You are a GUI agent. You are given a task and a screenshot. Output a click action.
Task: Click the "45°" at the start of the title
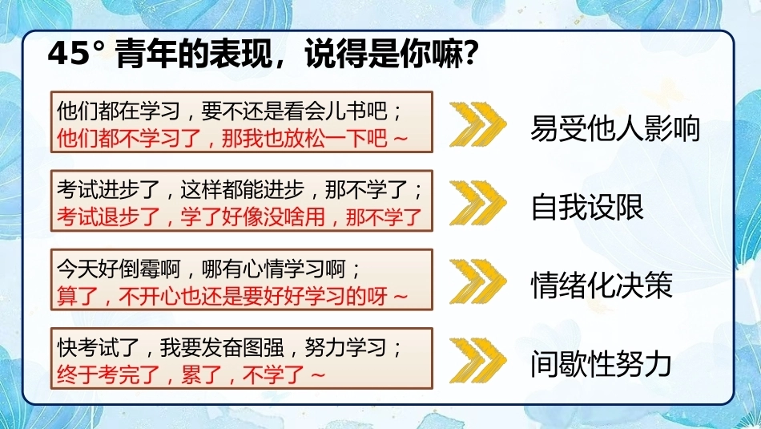point(76,54)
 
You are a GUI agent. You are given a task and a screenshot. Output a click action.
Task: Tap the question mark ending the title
point(469,54)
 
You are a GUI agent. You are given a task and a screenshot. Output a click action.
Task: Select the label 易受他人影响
point(615,129)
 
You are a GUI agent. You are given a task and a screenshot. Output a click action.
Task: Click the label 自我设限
point(587,208)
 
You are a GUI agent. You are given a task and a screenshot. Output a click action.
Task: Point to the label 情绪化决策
point(602,285)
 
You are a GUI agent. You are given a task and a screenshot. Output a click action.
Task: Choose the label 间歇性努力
point(601,364)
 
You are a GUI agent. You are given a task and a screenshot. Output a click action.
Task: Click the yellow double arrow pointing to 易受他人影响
point(478,124)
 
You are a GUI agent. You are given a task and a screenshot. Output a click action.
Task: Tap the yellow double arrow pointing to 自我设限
point(478,203)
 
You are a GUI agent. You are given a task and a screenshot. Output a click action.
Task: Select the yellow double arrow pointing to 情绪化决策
point(478,281)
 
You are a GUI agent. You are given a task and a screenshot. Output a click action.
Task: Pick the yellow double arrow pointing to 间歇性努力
point(478,360)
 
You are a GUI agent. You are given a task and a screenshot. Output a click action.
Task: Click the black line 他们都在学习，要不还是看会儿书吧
point(230,111)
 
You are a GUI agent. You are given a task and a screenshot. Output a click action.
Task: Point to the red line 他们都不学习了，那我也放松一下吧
point(232,138)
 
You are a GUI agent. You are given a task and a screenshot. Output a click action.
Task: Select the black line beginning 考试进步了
point(240,189)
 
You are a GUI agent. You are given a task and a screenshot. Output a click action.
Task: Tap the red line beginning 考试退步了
point(240,217)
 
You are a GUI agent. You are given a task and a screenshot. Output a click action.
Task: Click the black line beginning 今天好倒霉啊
point(209,269)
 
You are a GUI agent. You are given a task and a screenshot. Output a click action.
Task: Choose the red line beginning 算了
point(232,295)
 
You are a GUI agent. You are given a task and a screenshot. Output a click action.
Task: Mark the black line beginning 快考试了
point(230,347)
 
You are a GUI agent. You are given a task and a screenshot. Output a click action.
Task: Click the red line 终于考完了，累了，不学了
point(191,374)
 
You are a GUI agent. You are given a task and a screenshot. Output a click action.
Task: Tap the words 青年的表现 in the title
point(194,54)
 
